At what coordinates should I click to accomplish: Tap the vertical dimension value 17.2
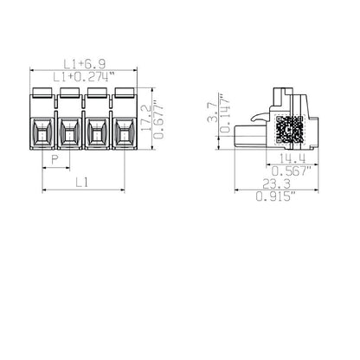[145, 114]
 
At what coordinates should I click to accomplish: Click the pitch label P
[55, 161]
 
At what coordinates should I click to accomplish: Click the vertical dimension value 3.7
[224, 112]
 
